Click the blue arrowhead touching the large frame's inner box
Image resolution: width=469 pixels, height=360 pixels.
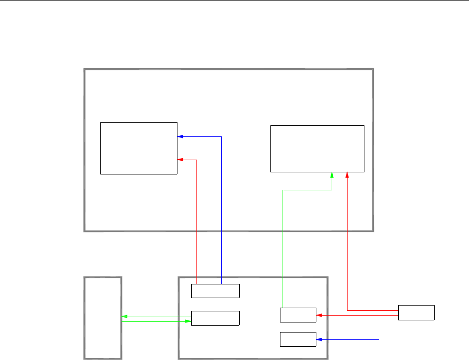pyautogui.click(x=180, y=136)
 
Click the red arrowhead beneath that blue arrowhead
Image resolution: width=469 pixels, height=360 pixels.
pyautogui.click(x=180, y=159)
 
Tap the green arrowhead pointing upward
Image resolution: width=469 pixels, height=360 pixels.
pyautogui.click(x=332, y=174)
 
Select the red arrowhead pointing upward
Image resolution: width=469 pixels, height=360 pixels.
pyautogui.click(x=347, y=174)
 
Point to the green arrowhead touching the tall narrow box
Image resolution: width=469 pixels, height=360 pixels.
pyautogui.click(x=124, y=317)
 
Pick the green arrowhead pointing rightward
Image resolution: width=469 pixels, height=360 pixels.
pyautogui.click(x=188, y=321)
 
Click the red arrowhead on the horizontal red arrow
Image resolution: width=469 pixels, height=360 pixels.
pyautogui.click(x=318, y=316)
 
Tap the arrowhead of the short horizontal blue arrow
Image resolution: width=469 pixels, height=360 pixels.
pyautogui.click(x=318, y=339)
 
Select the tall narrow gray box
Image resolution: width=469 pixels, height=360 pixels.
pyautogui.click(x=103, y=318)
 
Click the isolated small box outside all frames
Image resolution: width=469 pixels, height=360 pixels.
pyautogui.click(x=416, y=312)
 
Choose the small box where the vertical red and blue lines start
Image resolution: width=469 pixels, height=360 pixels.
pyautogui.click(x=215, y=291)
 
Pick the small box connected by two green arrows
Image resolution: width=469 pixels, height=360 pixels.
pyautogui.click(x=215, y=318)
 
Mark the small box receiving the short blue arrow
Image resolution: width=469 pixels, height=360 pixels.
pyautogui.click(x=298, y=339)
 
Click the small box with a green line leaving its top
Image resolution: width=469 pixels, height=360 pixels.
pyautogui.click(x=298, y=315)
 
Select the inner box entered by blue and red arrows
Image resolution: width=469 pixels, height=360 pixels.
pyautogui.click(x=139, y=148)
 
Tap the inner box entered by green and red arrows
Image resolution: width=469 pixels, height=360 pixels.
pyautogui.click(x=317, y=149)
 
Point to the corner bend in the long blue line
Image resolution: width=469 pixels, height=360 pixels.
pyautogui.click(x=221, y=136)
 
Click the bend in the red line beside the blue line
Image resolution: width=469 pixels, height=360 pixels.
pyautogui.click(x=196, y=159)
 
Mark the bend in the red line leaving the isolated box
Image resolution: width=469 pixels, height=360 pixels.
pyautogui.click(x=347, y=310)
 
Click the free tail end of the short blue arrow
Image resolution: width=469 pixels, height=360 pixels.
pyautogui.click(x=379, y=339)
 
